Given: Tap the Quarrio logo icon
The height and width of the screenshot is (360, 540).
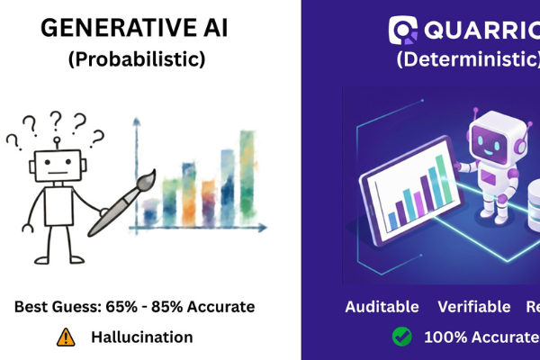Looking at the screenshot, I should click(402, 29).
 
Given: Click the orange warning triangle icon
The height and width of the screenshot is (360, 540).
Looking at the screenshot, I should click(66, 337).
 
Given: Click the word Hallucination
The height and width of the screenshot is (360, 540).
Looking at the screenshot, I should click(141, 337).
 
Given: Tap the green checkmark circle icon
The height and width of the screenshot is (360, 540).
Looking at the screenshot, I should click(400, 337).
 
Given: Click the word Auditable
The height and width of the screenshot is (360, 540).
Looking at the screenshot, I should click(382, 307).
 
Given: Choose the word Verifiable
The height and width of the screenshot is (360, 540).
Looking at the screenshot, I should click(474, 307).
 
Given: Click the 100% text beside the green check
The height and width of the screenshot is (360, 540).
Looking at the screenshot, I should click(444, 337).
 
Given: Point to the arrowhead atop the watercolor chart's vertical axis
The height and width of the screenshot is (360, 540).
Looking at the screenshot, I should click(136, 121).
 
